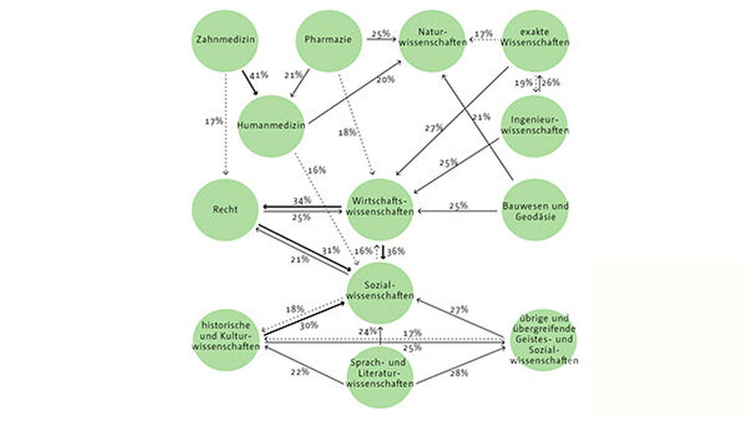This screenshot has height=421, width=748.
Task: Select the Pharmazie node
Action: (x=329, y=40)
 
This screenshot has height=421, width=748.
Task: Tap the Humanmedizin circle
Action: (x=271, y=126)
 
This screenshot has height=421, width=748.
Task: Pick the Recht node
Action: (x=225, y=209)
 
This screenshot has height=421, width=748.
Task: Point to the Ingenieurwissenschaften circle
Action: (x=535, y=125)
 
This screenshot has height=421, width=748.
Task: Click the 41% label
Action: (x=258, y=76)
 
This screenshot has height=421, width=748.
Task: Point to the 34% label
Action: (x=302, y=200)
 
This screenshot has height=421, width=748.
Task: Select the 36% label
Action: (x=396, y=251)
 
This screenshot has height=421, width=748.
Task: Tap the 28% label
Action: (x=459, y=372)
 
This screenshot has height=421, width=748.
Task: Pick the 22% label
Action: (x=300, y=372)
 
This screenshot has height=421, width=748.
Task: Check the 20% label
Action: (x=385, y=79)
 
